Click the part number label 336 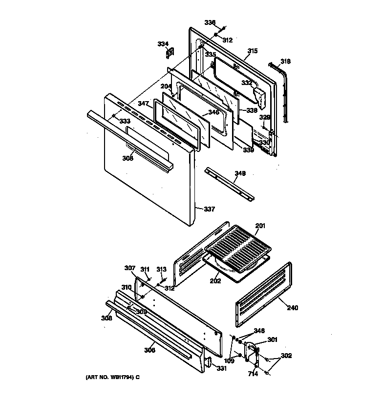210,23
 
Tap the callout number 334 163,44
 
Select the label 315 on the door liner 252,51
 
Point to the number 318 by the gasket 285,62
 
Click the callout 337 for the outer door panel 209,210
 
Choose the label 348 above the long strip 240,173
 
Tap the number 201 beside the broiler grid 260,225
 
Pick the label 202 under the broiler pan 215,281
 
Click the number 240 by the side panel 293,308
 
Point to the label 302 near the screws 286,356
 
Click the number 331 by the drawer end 222,368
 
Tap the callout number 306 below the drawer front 149,350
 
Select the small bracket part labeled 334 171,51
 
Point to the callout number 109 229,361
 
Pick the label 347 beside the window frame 143,104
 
